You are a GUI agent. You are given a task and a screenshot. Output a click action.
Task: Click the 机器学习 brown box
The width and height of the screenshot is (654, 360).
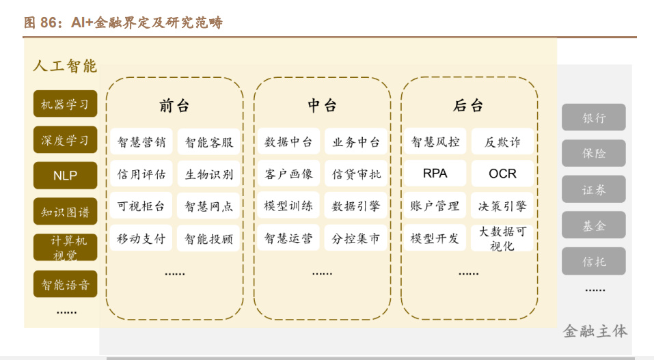click(65, 105)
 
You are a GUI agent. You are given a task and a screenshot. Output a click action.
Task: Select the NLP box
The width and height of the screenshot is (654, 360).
click(65, 176)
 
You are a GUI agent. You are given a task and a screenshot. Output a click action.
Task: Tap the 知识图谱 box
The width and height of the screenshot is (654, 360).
click(65, 212)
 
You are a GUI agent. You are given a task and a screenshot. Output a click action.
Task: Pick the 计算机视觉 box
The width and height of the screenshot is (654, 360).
click(65, 248)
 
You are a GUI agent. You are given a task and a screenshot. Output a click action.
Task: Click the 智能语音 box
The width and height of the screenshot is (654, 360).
click(65, 284)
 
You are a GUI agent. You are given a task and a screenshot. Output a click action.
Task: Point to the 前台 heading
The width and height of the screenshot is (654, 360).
click(174, 106)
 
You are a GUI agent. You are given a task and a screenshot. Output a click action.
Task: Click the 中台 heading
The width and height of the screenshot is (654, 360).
click(322, 106)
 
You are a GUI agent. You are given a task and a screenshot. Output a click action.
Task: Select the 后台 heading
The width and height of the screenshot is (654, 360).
click(468, 106)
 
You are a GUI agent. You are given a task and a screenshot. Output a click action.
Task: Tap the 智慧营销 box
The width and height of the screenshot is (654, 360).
click(141, 142)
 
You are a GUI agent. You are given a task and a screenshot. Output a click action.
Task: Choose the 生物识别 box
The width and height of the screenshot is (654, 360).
click(209, 174)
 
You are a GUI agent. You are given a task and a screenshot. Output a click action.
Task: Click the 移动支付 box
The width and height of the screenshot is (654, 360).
click(141, 238)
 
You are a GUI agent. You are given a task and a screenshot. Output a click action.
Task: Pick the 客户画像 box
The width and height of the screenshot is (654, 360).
click(288, 174)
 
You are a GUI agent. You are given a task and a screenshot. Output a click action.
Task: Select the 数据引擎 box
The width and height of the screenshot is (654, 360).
click(356, 206)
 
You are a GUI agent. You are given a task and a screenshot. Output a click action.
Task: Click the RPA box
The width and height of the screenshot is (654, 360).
click(435, 174)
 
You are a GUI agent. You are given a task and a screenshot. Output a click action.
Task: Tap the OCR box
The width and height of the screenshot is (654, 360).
click(502, 174)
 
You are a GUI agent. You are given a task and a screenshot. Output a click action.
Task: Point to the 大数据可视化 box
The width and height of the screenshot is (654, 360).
click(502, 238)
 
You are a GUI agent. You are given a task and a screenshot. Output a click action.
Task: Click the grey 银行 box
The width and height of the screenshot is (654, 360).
click(594, 117)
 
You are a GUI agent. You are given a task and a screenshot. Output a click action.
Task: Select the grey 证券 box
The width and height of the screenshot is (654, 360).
click(594, 190)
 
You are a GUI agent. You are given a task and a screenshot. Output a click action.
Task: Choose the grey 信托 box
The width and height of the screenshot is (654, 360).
click(594, 262)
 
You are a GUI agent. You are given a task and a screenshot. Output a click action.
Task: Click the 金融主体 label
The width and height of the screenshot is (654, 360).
click(595, 331)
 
